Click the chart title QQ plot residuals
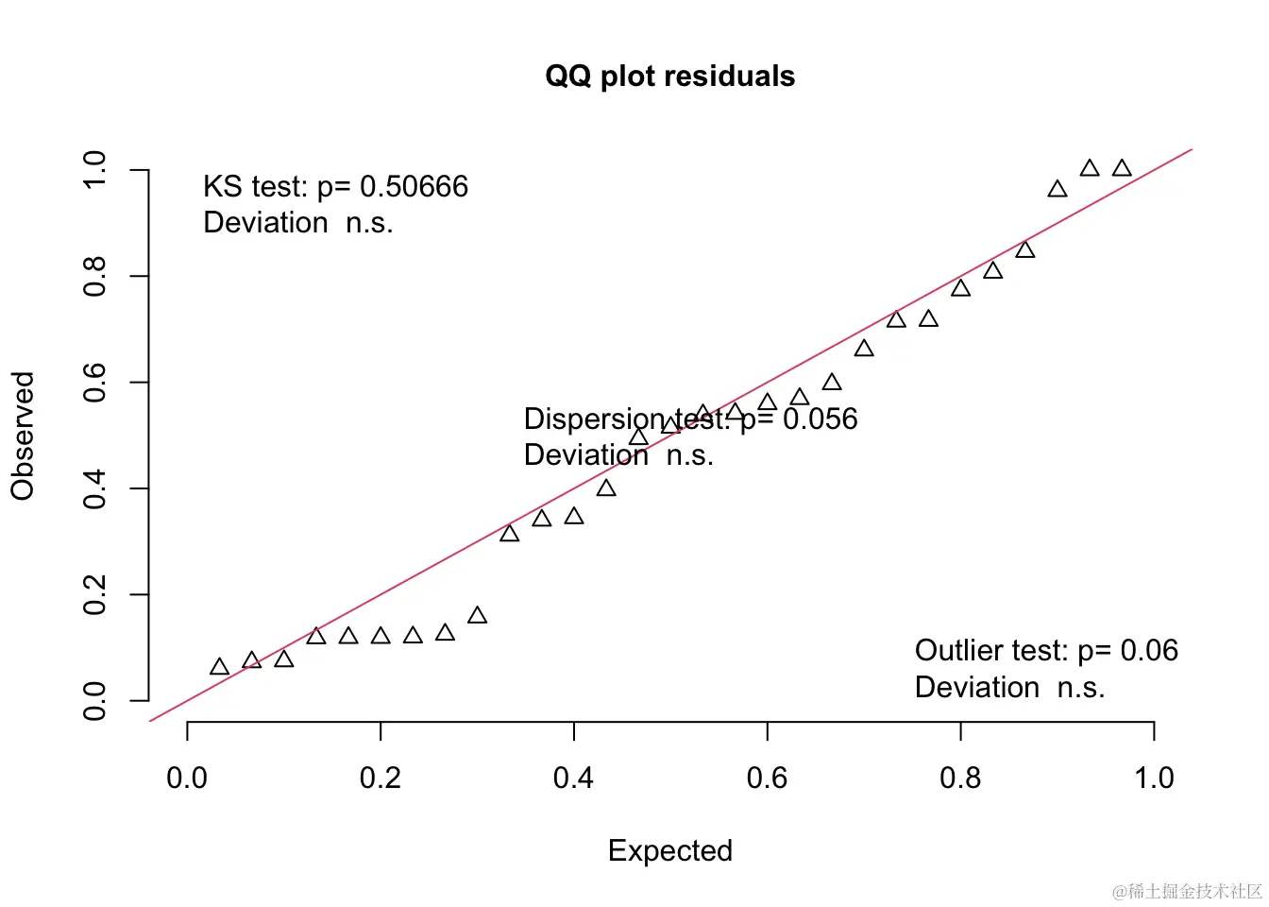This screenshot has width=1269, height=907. (669, 76)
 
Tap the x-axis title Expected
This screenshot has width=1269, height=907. (669, 850)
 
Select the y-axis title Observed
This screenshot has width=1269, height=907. (23, 436)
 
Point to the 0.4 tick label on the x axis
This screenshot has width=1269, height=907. (573, 778)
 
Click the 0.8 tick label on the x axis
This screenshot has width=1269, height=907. (960, 778)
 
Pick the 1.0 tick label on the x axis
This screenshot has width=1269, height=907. (1154, 778)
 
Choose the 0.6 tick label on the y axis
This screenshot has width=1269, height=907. (94, 383)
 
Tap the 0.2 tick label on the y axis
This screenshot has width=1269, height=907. (94, 595)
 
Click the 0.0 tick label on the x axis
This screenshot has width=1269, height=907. (187, 778)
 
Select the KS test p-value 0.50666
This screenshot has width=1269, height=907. (414, 186)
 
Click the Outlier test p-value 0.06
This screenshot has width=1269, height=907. (1149, 650)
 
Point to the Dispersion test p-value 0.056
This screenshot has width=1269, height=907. (820, 419)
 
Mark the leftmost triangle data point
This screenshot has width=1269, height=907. (219, 667)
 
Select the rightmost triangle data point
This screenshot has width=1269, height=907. (1122, 168)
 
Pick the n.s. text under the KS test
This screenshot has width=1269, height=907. (369, 223)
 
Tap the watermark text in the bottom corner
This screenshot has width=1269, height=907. (1187, 891)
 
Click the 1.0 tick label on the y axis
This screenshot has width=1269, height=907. (94, 170)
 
